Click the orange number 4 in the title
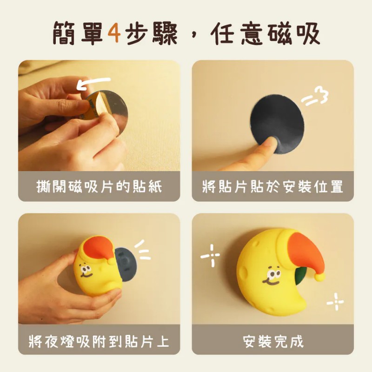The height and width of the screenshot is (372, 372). point(114,33)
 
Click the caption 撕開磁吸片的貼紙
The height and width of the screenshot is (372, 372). point(99,186)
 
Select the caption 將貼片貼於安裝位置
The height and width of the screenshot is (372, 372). point(273,186)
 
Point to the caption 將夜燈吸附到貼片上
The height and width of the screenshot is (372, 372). point(99,341)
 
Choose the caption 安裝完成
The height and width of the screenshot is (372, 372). point(273,341)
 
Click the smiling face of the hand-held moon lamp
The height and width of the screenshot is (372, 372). point(86,272)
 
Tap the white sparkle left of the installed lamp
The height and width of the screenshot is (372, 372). point(210,256)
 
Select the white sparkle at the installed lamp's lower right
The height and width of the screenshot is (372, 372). point(335,302)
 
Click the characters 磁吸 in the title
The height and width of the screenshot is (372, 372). point(294,33)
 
